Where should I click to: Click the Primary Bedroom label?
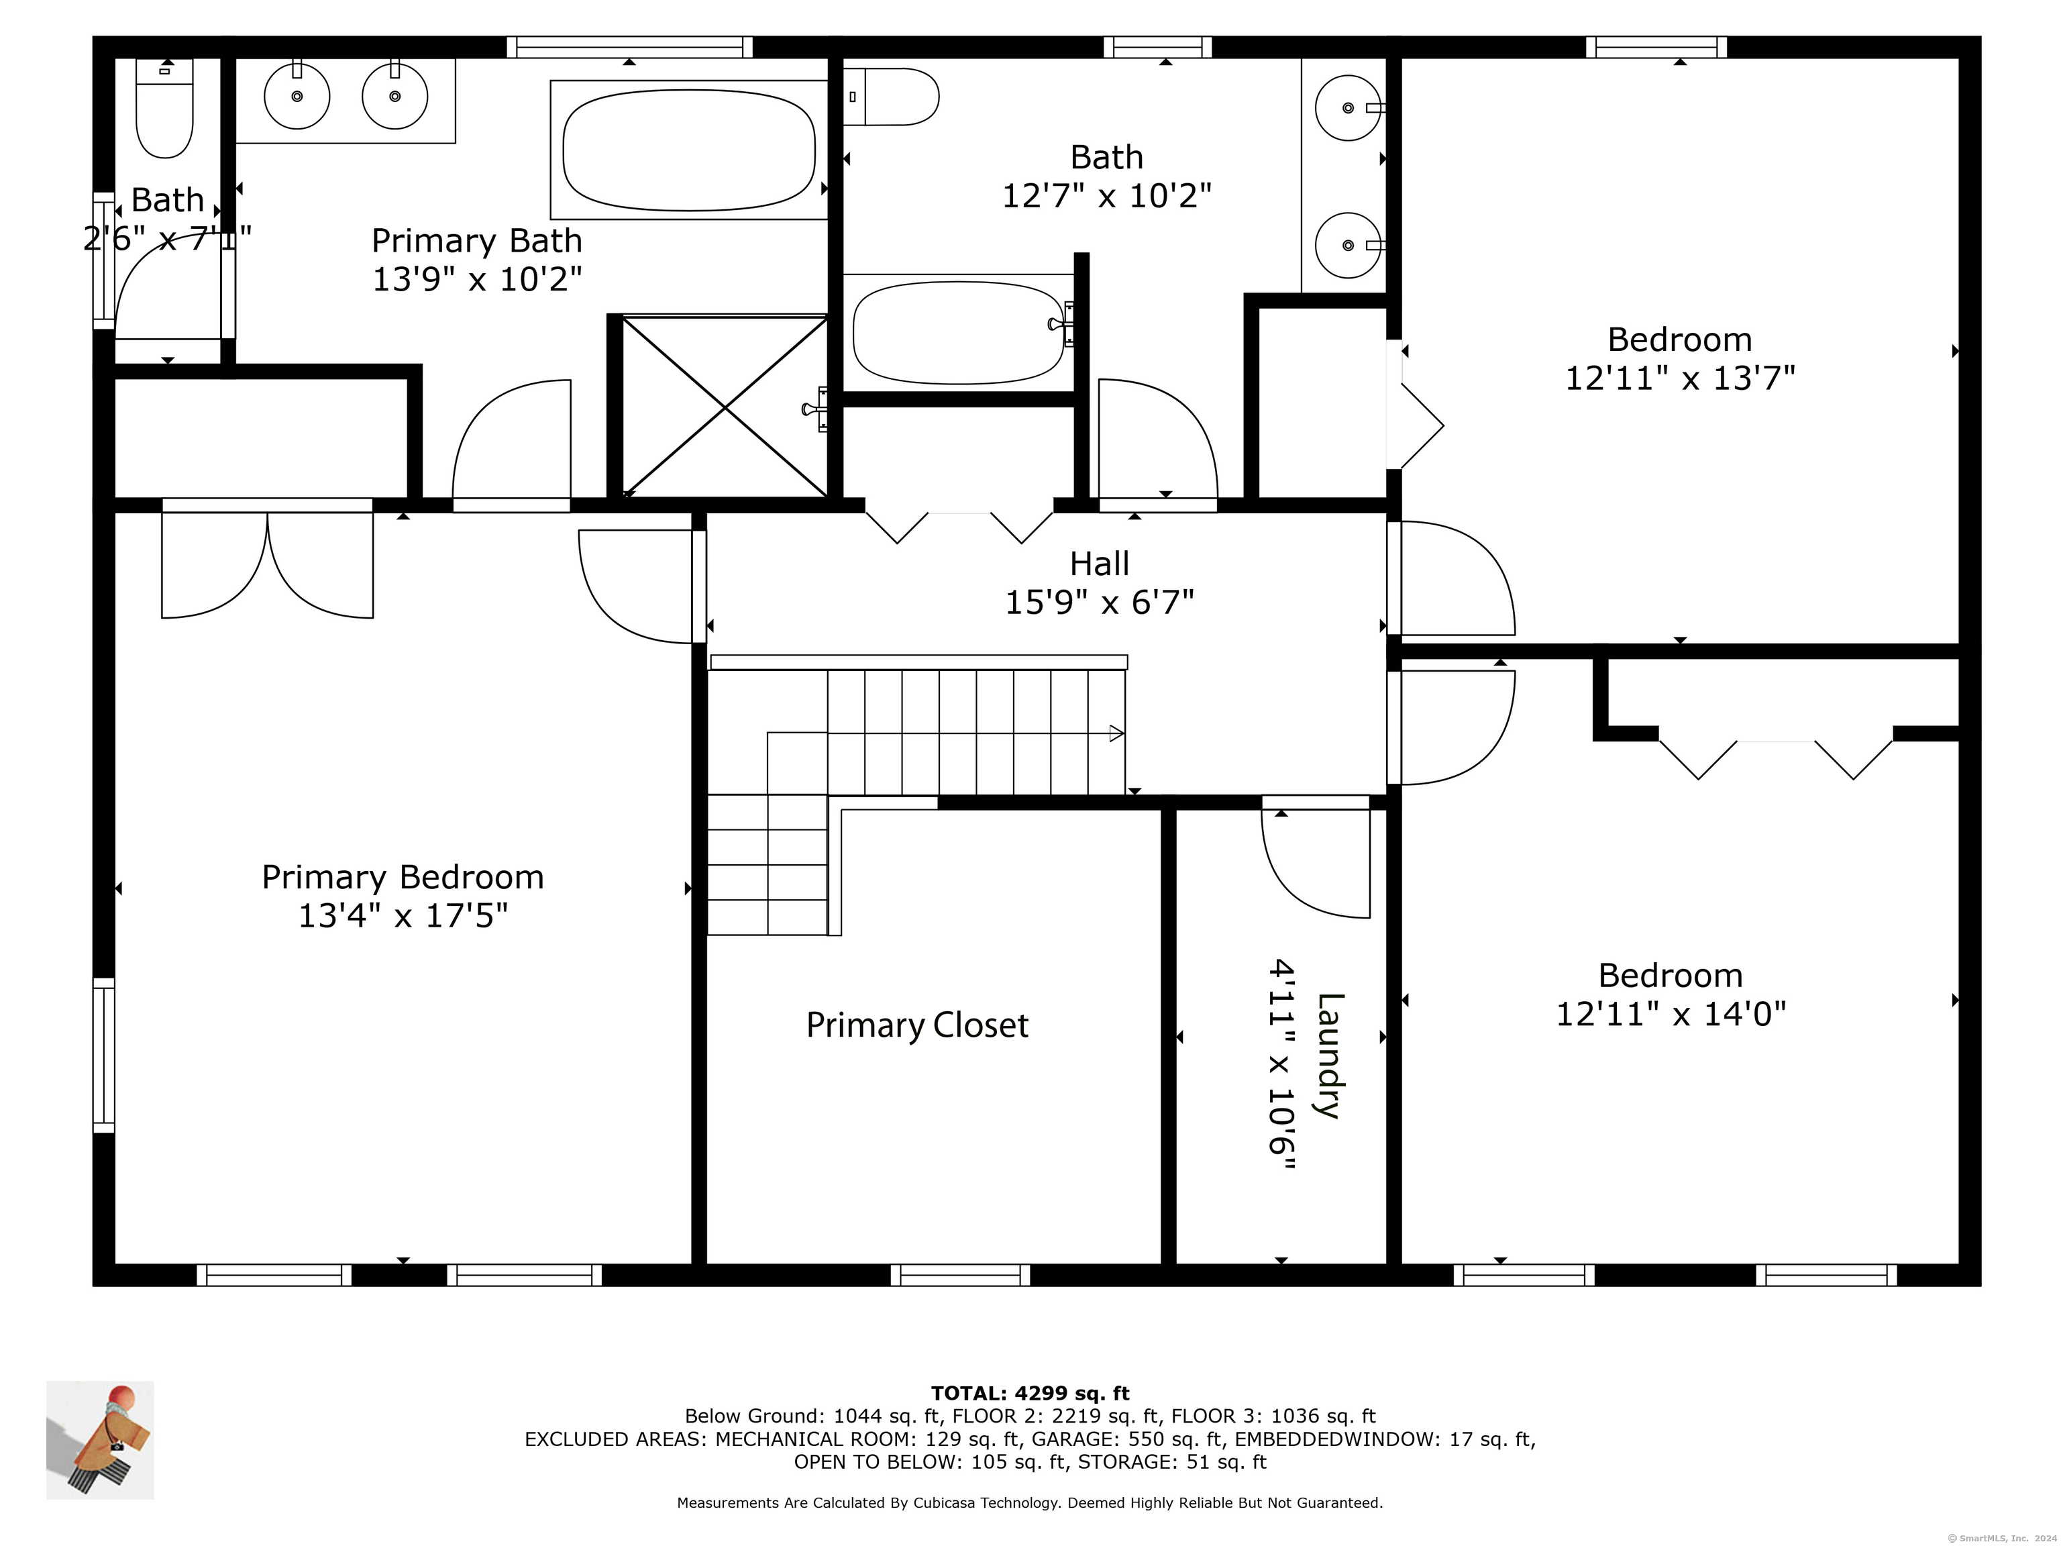tap(403, 877)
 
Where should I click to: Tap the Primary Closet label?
tap(917, 1025)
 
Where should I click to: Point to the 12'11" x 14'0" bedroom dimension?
tap(1671, 1014)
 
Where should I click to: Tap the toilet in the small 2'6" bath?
tap(165, 108)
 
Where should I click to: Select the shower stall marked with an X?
tap(724, 407)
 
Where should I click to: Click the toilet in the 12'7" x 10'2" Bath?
tap(892, 97)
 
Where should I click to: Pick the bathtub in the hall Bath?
tap(959, 333)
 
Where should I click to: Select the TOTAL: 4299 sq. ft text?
tap(1030, 1393)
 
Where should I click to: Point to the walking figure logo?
tap(100, 1440)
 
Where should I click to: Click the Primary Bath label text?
tap(477, 240)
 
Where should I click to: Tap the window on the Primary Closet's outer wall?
tap(961, 1275)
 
